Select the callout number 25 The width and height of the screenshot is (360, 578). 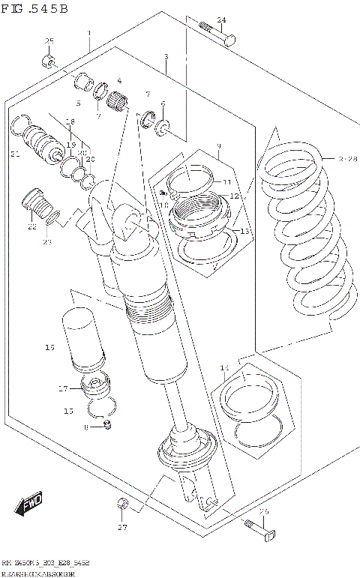49,41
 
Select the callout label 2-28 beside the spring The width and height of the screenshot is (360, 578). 346,159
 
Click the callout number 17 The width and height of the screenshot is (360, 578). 63,388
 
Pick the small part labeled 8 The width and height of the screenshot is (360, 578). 107,426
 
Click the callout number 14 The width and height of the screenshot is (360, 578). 223,367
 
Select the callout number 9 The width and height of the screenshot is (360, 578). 218,145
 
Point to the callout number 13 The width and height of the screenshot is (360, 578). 244,232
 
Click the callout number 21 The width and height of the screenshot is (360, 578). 15,154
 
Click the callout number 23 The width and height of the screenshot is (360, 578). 47,241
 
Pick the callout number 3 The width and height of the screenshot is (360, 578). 166,57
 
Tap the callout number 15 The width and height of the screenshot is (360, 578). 68,411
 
